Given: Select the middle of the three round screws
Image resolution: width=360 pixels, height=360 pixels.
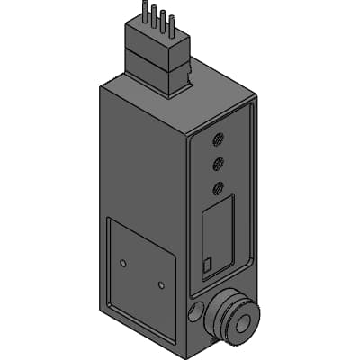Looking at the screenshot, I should [x=219, y=163].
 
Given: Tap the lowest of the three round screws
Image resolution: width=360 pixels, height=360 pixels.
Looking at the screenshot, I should [x=218, y=187].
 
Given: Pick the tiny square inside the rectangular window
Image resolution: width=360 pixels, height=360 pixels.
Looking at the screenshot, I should [x=209, y=265].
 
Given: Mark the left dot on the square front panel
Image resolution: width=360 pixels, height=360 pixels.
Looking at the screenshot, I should [x=123, y=262].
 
